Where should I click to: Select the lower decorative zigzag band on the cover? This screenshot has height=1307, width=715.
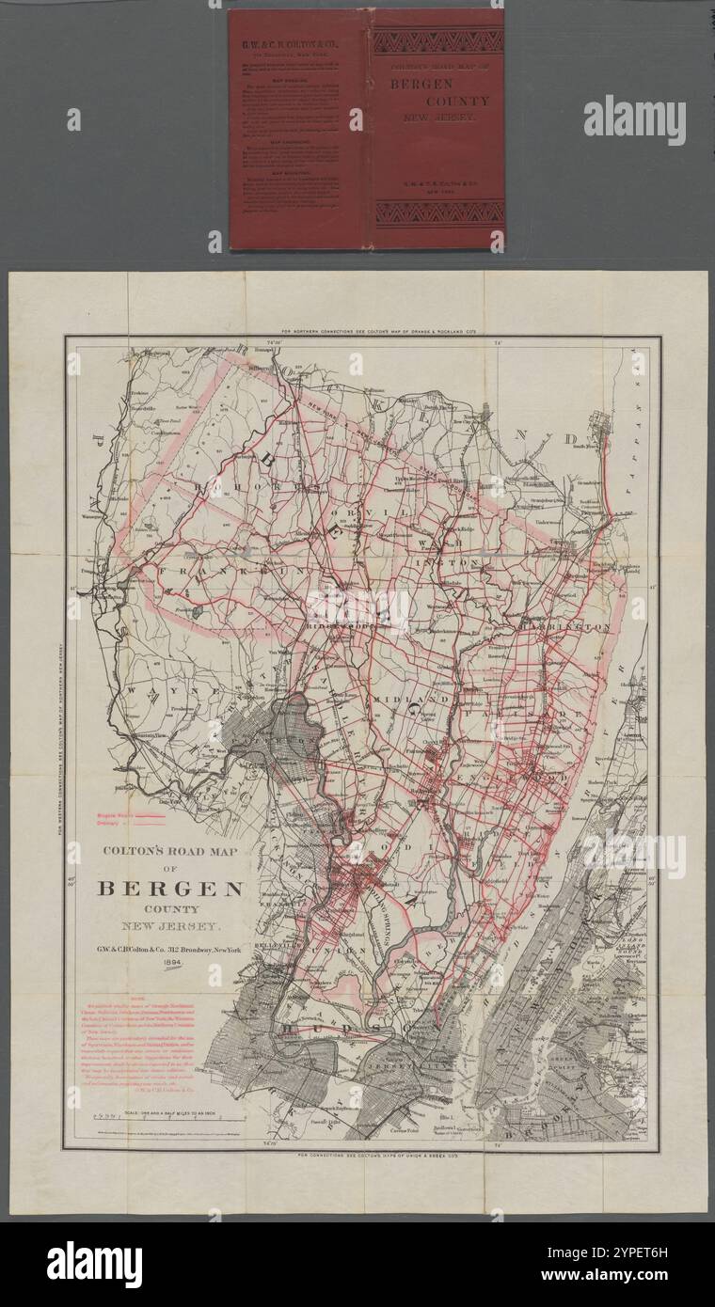tap(437, 213)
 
